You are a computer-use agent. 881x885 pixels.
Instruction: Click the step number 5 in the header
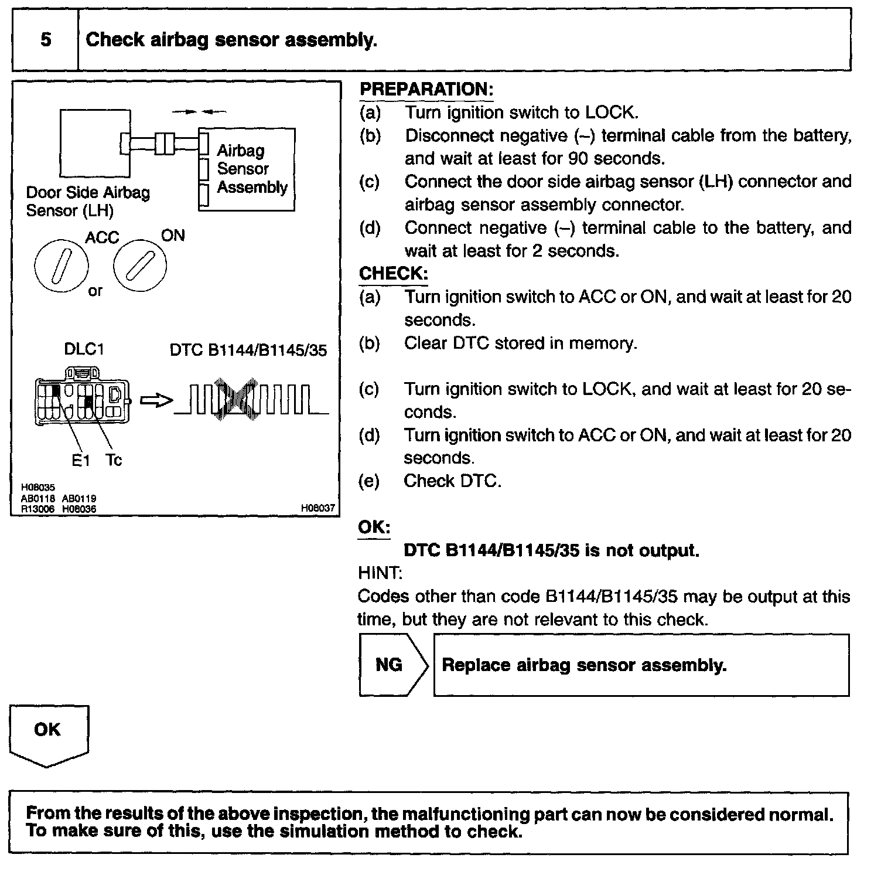pyautogui.click(x=45, y=40)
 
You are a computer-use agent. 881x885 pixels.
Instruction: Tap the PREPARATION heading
pyautogui.click(x=426, y=89)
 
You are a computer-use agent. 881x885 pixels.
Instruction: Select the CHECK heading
pyautogui.click(x=393, y=274)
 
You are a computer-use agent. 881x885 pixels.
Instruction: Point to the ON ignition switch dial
pyautogui.click(x=139, y=265)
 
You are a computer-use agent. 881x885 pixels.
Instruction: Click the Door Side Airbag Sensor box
pyautogui.click(x=95, y=142)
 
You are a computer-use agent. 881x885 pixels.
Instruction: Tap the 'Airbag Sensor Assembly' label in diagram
pyautogui.click(x=252, y=169)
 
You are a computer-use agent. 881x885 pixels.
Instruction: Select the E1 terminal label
pyautogui.click(x=81, y=461)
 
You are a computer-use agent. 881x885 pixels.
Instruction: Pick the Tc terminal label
pyautogui.click(x=114, y=461)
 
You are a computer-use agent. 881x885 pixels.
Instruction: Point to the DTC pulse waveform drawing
pyautogui.click(x=251, y=399)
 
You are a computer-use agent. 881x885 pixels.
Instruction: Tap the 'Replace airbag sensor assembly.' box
pyautogui.click(x=641, y=665)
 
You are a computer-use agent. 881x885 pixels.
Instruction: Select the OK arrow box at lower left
pyautogui.click(x=48, y=733)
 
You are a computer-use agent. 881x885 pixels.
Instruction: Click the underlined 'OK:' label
pyautogui.click(x=374, y=527)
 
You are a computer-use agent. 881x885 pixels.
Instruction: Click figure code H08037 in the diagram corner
pyautogui.click(x=318, y=508)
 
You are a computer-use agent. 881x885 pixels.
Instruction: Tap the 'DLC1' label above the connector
pyautogui.click(x=84, y=349)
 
